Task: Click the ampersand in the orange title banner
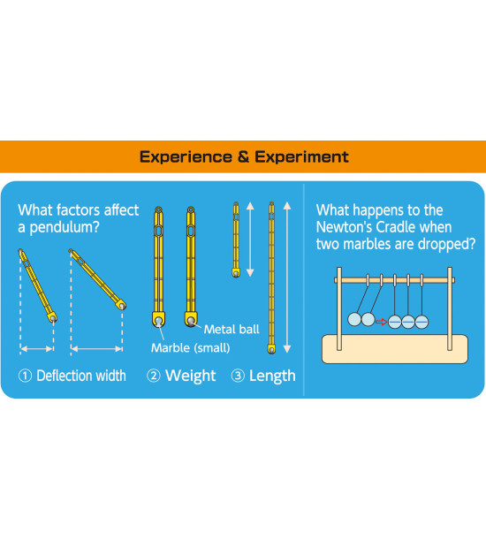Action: click(x=243, y=157)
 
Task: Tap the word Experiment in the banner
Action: click(x=301, y=157)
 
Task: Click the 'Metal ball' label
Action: click(x=232, y=330)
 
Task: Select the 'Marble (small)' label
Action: click(x=191, y=348)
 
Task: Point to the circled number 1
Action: click(x=25, y=376)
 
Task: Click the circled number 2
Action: click(x=154, y=376)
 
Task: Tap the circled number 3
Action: click(x=238, y=376)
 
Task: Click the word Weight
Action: click(x=191, y=376)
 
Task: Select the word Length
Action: click(x=272, y=376)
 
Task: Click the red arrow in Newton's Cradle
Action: click(x=382, y=322)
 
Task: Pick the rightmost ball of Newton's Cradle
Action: click(x=421, y=322)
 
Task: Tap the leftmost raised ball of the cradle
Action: click(x=354, y=319)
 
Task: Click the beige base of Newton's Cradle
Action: click(x=395, y=349)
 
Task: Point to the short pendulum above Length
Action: click(x=236, y=240)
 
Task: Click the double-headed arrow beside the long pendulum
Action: click(x=287, y=278)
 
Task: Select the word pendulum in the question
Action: click(x=65, y=228)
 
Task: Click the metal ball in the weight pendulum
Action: click(x=191, y=322)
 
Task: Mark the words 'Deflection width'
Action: click(x=81, y=376)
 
